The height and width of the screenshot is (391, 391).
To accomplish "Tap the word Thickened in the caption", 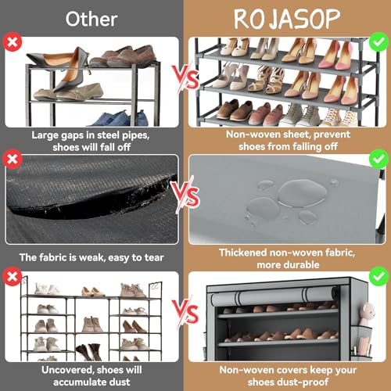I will point(245,254).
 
